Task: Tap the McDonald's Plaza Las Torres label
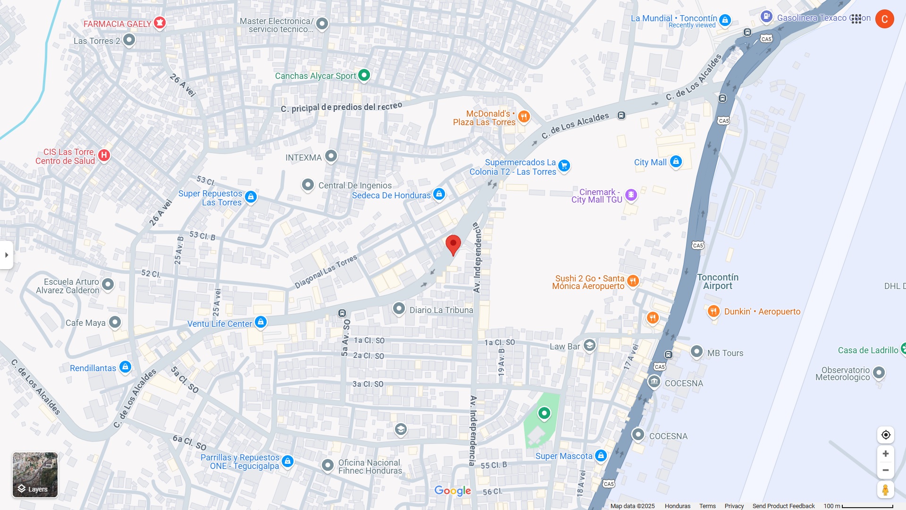tap(484, 118)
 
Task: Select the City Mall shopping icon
tap(676, 162)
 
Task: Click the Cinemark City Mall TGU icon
tap(631, 195)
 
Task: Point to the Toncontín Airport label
tap(718, 281)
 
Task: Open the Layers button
tap(35, 475)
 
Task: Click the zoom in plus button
tap(886, 454)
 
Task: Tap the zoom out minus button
tap(886, 470)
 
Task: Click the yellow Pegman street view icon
tap(886, 490)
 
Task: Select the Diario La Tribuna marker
tap(399, 309)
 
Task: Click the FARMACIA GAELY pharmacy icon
tap(159, 22)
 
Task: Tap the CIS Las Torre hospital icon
tap(104, 155)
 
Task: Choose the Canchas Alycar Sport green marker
tap(364, 75)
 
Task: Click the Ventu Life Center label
tap(219, 324)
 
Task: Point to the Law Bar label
tap(565, 347)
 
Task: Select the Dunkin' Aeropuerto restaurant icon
tap(713, 311)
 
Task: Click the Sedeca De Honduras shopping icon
tap(439, 194)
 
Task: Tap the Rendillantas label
tap(93, 368)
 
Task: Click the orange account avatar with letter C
tap(884, 19)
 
